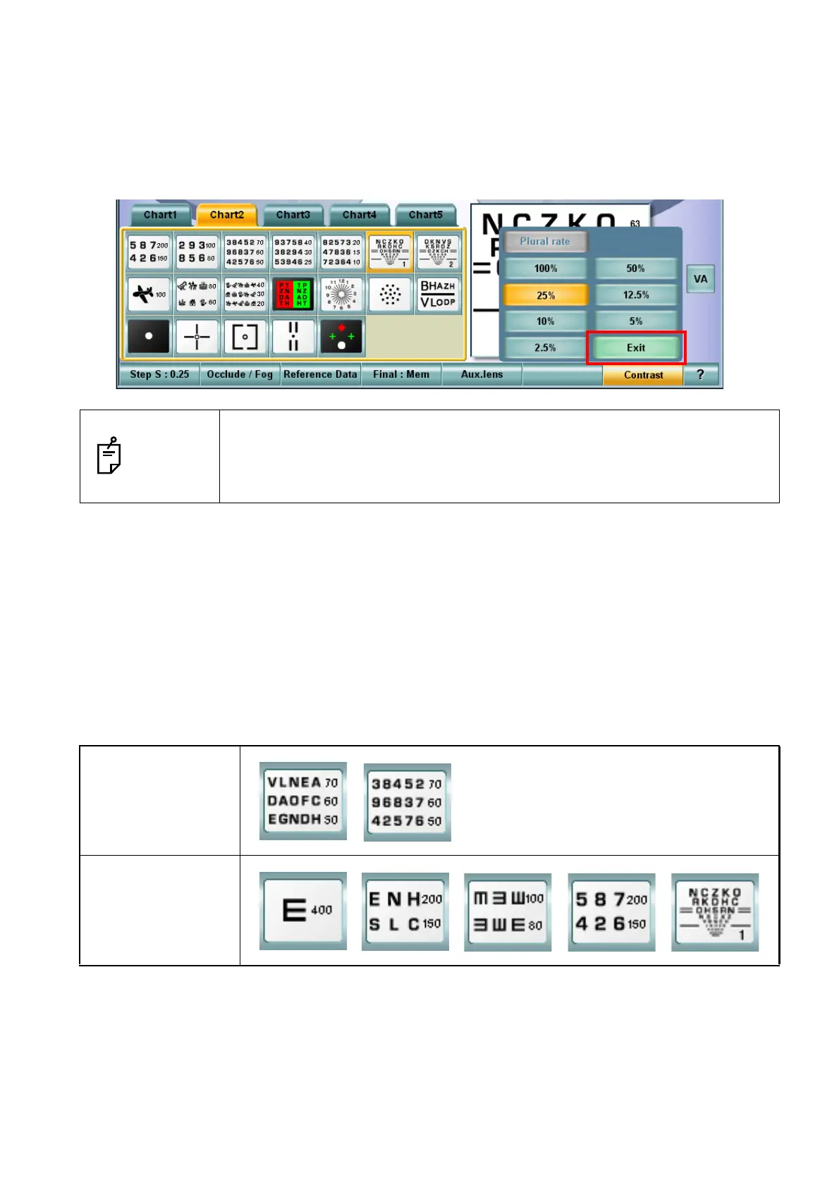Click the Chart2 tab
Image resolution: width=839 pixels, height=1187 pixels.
[226, 215]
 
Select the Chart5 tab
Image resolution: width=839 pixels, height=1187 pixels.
[425, 215]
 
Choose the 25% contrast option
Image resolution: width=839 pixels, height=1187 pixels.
[545, 295]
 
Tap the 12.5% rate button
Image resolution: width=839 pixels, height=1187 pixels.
[635, 295]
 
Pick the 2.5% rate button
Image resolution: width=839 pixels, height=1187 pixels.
[545, 348]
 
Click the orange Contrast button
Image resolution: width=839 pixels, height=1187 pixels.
[643, 375]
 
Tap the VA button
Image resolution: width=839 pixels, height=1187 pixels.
[700, 279]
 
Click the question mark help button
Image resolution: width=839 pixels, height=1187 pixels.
[700, 375]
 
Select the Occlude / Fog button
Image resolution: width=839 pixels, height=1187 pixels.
[240, 375]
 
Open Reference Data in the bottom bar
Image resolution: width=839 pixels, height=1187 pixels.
[320, 375]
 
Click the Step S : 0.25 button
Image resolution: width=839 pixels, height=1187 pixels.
[159, 375]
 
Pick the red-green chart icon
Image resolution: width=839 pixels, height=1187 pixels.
[293, 295]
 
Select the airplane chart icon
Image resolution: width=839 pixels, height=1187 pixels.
[149, 295]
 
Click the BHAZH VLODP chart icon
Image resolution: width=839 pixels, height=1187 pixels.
[437, 295]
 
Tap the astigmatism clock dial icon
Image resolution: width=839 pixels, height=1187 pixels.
[341, 295]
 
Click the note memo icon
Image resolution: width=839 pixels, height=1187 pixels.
[109, 456]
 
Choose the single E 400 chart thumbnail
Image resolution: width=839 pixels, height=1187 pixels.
[303, 911]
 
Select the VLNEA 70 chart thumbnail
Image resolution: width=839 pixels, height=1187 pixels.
[303, 801]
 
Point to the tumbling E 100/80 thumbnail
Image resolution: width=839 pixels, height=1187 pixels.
[508, 911]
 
